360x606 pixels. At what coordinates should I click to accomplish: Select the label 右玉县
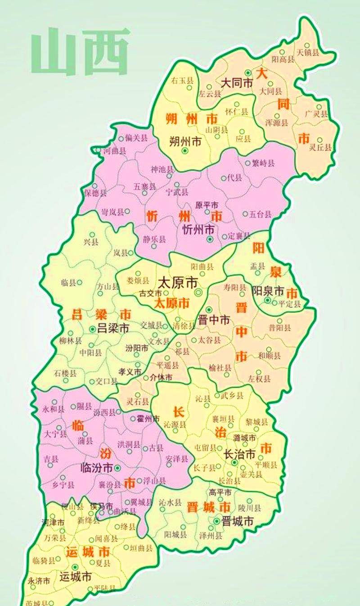pyautogui.click(x=182, y=81)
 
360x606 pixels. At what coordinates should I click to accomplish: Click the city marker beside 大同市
pyautogui.click(x=247, y=72)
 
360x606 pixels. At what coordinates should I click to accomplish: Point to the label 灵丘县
pyautogui.click(x=321, y=147)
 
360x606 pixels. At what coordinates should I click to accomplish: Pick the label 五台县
pyautogui.click(x=259, y=214)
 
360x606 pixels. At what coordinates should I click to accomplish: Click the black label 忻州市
pyautogui.click(x=198, y=229)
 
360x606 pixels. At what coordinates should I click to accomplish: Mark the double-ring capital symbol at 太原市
pyautogui.click(x=198, y=293)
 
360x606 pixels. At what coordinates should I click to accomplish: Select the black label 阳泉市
pyautogui.click(x=268, y=289)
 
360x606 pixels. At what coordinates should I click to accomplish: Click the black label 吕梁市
pyautogui.click(x=113, y=328)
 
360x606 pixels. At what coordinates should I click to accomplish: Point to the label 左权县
pyautogui.click(x=259, y=379)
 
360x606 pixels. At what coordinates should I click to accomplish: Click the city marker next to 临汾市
pyautogui.click(x=117, y=468)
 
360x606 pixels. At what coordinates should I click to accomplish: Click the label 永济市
pyautogui.click(x=38, y=581)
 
